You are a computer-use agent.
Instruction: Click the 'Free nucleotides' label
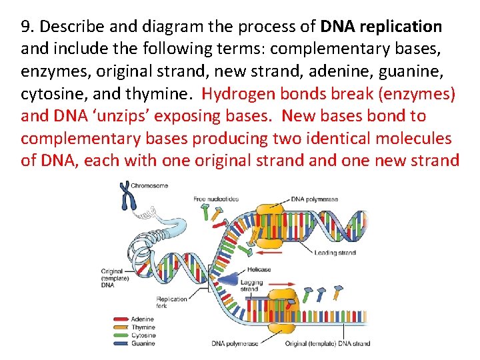coord(216,199)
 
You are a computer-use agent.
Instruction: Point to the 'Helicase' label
coord(258,269)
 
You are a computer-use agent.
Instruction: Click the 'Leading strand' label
coord(337,253)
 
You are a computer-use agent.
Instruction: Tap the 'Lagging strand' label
coord(249,285)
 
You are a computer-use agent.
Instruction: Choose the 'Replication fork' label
coord(171,303)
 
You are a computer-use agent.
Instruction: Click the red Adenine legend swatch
coord(121,319)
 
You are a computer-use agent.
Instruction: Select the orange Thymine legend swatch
coord(121,327)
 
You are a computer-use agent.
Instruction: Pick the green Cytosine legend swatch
coord(121,335)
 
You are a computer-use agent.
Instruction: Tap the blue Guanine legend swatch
coord(121,343)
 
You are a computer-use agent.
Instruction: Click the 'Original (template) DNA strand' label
coord(327,344)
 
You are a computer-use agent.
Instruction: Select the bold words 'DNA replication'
coord(381,27)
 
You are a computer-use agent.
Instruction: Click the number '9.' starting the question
coord(27,27)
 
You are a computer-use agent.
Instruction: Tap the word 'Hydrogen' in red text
coord(234,93)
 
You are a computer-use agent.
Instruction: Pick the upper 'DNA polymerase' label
coord(314,199)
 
